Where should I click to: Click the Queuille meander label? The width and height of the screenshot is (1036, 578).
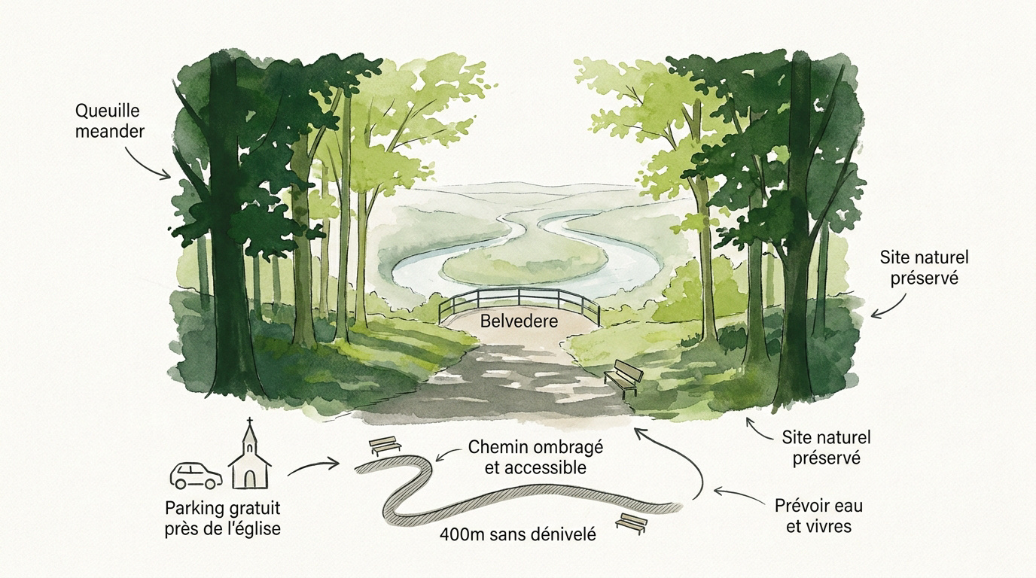coord(110,121)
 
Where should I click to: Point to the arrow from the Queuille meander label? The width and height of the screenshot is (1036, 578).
coord(143,163)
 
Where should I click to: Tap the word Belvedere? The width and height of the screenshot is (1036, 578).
coord(519,321)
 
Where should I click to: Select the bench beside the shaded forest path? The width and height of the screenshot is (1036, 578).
coord(624,378)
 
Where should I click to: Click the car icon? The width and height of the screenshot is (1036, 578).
coord(196,476)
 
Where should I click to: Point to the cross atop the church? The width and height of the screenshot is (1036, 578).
coord(250,421)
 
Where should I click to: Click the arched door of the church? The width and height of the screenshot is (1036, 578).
coord(250,479)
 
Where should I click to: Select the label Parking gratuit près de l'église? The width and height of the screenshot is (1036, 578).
coord(223,519)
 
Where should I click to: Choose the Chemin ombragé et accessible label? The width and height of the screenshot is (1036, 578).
coord(535,458)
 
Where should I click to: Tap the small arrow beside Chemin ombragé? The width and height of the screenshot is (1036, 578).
coord(449,453)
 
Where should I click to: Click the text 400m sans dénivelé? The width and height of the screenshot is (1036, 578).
coord(518,534)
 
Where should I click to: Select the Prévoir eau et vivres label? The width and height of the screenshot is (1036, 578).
coord(818,516)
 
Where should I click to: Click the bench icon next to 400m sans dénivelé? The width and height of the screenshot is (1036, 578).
coord(631,524)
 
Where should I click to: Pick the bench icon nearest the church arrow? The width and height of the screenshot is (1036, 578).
coord(385,446)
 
